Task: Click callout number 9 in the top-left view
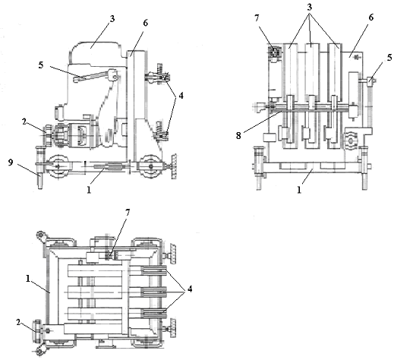(x=11, y=163)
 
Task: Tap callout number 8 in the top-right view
(x=238, y=135)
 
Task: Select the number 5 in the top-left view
(x=41, y=65)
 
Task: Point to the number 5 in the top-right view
(x=389, y=58)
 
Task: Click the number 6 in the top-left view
(x=146, y=23)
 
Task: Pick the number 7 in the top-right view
(x=257, y=18)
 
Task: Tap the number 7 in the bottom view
(x=128, y=213)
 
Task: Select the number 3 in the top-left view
(x=112, y=19)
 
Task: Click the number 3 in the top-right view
(x=310, y=8)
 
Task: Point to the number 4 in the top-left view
(x=181, y=96)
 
